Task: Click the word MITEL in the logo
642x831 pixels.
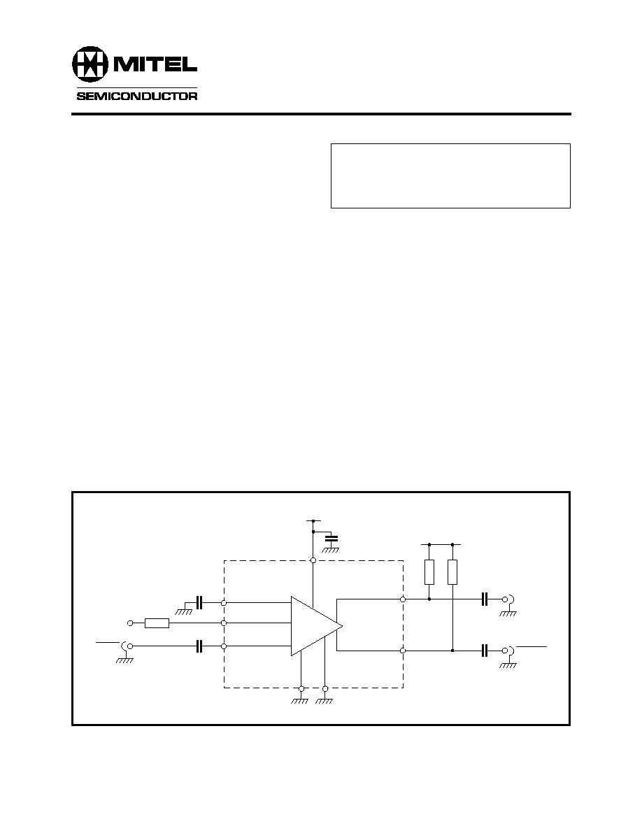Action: pyautogui.click(x=153, y=64)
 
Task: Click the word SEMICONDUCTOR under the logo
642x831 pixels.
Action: pyautogui.click(x=136, y=97)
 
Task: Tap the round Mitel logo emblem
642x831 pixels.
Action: pyautogui.click(x=90, y=64)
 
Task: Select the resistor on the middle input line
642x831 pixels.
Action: pyautogui.click(x=157, y=623)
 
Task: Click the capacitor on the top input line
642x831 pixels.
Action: pyautogui.click(x=199, y=602)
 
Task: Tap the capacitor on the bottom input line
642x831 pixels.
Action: pyautogui.click(x=199, y=646)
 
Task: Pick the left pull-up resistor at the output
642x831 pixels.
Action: pyautogui.click(x=429, y=572)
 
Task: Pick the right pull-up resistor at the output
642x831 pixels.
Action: pyautogui.click(x=452, y=572)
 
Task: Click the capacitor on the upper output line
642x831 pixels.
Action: pyautogui.click(x=484, y=599)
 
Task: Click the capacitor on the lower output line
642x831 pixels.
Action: pyautogui.click(x=484, y=651)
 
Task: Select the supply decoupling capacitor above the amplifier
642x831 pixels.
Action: pyautogui.click(x=331, y=539)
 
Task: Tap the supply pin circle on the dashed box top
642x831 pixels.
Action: pyautogui.click(x=313, y=560)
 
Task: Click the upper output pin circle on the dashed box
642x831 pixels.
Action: pyautogui.click(x=403, y=599)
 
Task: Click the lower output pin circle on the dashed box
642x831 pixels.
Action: pyautogui.click(x=403, y=651)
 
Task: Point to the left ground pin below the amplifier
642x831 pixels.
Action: pyautogui.click(x=301, y=688)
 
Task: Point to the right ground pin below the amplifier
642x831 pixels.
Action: pyautogui.click(x=325, y=688)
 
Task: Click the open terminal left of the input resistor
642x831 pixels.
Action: pyautogui.click(x=130, y=623)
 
